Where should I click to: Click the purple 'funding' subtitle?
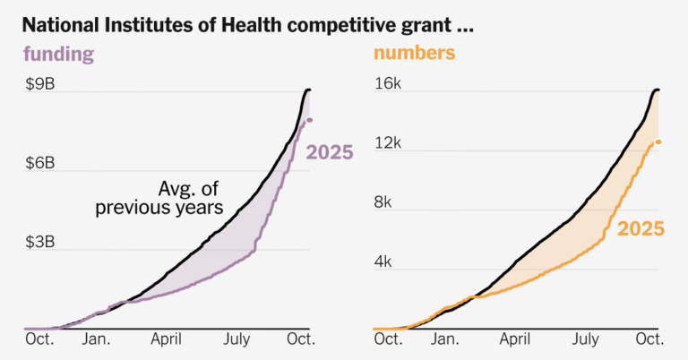point(58,55)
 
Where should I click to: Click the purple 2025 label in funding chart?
point(330,152)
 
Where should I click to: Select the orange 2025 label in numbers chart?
point(640,229)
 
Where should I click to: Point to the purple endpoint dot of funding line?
point(310,120)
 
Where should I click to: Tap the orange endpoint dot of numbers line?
point(658,141)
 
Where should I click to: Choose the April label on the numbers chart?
point(516,339)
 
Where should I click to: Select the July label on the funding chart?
point(237,339)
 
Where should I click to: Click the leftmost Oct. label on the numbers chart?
point(388,339)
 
